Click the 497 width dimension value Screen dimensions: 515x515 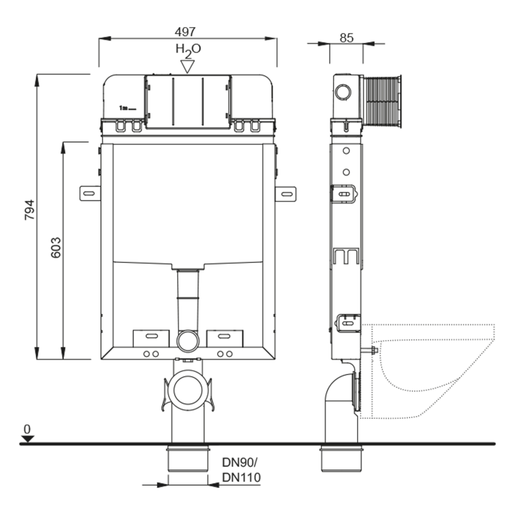coord(185,32)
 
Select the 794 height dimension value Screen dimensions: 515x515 coord(30,209)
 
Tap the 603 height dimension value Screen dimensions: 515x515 coord(56,247)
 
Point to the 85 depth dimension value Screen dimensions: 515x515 coord(347,38)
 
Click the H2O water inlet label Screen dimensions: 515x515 coord(188,50)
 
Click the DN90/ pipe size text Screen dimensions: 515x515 coord(240,462)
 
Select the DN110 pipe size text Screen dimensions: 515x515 coord(241,477)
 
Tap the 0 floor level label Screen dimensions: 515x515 coord(27,429)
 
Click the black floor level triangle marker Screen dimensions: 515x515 coord(27,439)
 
